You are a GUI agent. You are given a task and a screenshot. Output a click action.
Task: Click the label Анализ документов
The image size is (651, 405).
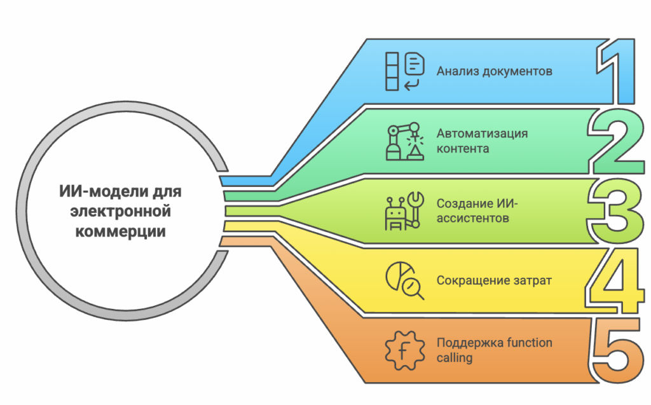pos(494,71)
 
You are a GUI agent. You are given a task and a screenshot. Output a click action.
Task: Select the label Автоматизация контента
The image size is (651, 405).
pos(481,141)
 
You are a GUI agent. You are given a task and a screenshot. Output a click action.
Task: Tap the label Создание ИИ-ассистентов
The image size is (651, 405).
pos(477,211)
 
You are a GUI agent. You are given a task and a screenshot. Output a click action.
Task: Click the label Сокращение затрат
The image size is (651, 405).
pos(493,280)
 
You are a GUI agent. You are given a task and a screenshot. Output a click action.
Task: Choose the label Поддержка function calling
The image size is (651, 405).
pos(494,350)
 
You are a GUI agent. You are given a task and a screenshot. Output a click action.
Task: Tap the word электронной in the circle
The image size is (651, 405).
pos(121,211)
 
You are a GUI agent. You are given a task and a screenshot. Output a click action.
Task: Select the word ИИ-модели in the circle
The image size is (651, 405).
pos(104,191)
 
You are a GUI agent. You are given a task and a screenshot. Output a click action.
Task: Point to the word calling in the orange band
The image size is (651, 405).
pos(455,358)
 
